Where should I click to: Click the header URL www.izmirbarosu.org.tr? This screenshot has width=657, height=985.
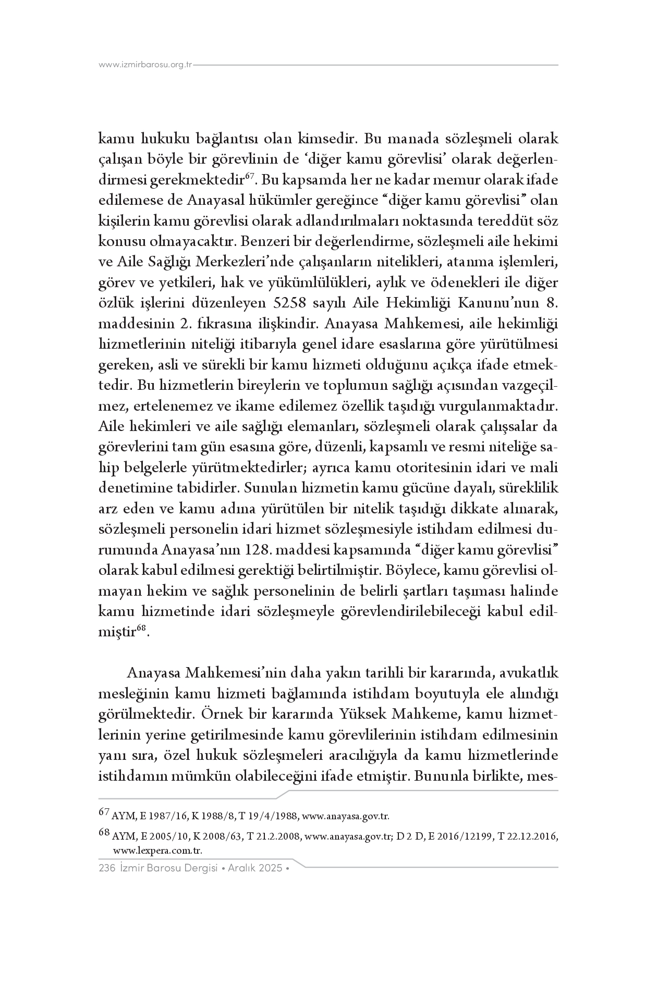(145, 65)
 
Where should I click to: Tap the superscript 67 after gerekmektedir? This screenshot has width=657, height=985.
(249, 177)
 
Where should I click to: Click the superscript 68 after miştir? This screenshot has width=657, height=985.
(141, 629)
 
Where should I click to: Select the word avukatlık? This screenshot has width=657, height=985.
(529, 673)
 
